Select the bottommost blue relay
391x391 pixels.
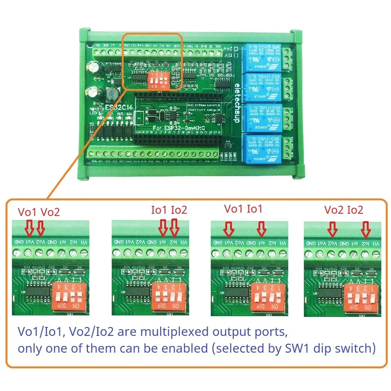coord(261,149)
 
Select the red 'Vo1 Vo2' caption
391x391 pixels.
coord(39,212)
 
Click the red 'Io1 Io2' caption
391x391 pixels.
coord(169,210)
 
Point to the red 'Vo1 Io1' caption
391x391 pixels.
coord(243,209)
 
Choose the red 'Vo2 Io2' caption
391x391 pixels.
coord(343,210)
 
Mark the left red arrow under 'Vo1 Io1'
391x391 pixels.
coord(229,229)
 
